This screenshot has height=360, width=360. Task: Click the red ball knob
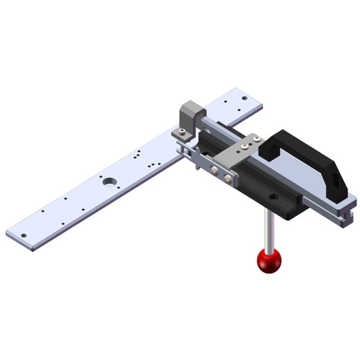pos(269,261)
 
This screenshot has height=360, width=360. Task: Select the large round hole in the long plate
pos(109,181)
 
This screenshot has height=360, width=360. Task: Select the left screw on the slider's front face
pos(215,171)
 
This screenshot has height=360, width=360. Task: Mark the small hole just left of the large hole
pos(96,177)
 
